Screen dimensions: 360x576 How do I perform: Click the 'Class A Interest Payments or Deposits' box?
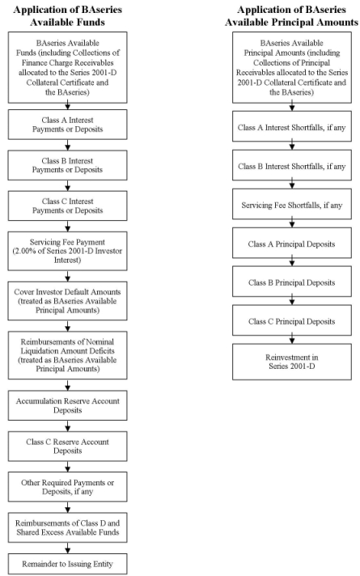[68, 125]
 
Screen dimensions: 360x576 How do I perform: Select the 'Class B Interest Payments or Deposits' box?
[68, 165]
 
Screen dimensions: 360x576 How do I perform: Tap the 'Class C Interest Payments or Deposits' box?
[68, 205]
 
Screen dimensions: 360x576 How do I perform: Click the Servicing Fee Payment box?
[68, 251]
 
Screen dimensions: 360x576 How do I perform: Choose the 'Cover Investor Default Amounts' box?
[68, 301]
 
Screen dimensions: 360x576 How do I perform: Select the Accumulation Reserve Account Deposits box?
[68, 405]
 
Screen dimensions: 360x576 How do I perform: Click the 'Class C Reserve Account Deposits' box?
[68, 447]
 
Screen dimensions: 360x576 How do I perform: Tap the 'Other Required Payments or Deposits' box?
[68, 487]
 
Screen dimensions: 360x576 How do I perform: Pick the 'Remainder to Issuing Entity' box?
[68, 564]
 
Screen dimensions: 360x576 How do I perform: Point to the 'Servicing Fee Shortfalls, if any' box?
[292, 204]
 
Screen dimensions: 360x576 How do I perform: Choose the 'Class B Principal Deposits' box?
[292, 282]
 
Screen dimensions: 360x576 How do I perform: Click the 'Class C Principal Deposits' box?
[292, 320]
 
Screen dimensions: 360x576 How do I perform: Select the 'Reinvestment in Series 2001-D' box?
[292, 362]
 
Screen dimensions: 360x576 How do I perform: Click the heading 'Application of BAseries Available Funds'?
[68, 16]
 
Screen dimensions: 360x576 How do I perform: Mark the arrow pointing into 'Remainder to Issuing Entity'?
[68, 548]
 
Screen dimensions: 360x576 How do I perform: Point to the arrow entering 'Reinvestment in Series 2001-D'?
[292, 340]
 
